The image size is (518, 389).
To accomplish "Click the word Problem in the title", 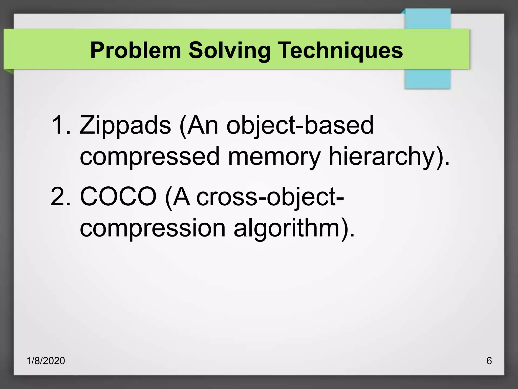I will [136, 50].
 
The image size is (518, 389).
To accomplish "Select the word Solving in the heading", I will [229, 51].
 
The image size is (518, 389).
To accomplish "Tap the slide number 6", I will [489, 361].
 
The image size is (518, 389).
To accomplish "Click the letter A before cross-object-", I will [181, 197].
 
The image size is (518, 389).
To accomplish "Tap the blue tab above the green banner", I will [427, 19].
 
